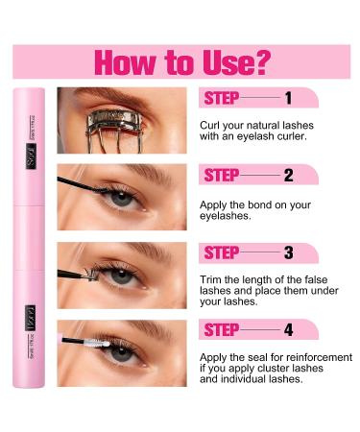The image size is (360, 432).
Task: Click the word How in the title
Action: click(x=124, y=61)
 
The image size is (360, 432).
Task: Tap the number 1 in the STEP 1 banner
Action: click(x=288, y=97)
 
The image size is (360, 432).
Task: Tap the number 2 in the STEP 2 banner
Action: click(x=288, y=175)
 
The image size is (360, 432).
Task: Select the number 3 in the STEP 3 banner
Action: click(x=288, y=252)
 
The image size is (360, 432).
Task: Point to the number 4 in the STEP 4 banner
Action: click(x=288, y=330)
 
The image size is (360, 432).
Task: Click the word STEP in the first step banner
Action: click(x=221, y=97)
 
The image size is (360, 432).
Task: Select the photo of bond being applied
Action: click(x=121, y=197)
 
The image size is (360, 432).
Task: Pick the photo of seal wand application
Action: click(x=121, y=352)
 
